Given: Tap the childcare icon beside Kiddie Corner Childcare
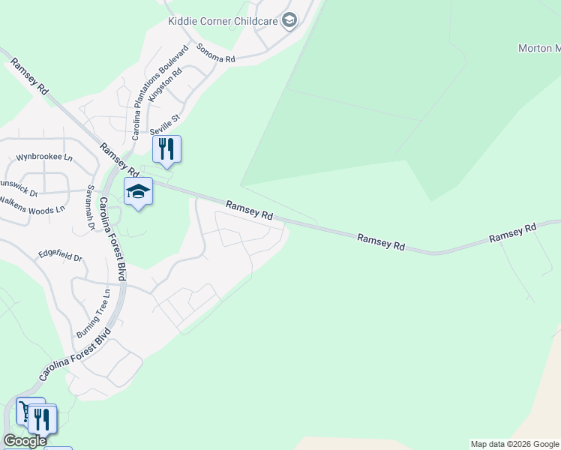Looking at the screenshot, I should pos(289,21).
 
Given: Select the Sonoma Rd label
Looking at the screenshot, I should pos(216,52).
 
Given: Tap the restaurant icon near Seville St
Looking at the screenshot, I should pos(167,148).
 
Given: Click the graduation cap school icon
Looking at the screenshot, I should pos(138,193).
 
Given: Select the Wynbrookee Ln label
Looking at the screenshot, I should pos(44,158).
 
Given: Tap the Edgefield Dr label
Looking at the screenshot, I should pos(61,256).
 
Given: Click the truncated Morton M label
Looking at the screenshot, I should pos(538,49).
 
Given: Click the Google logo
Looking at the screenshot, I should pos(25,440).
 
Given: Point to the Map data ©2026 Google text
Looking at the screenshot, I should pos(514,444).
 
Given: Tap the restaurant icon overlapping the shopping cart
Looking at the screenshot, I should pos(43,418).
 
